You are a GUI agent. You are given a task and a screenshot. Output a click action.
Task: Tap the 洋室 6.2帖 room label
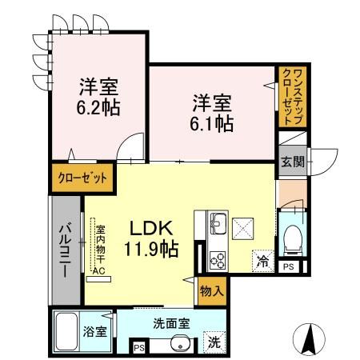(x=98, y=96)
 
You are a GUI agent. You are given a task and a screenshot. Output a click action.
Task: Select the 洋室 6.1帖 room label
(x=211, y=112)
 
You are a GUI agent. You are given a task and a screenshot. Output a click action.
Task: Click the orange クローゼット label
(x=80, y=177)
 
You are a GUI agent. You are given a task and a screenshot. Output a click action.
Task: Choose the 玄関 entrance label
(x=289, y=162)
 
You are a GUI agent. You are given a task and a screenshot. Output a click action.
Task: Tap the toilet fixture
(x=292, y=234)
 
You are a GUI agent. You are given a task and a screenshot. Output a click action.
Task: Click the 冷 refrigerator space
(x=262, y=259)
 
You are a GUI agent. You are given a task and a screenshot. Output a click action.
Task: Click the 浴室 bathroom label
(x=95, y=332)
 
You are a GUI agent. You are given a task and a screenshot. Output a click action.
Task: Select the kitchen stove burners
(x=218, y=258)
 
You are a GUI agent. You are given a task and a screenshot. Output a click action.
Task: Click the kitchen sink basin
(x=218, y=221)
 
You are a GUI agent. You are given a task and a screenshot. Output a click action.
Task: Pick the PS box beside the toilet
(x=289, y=266)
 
